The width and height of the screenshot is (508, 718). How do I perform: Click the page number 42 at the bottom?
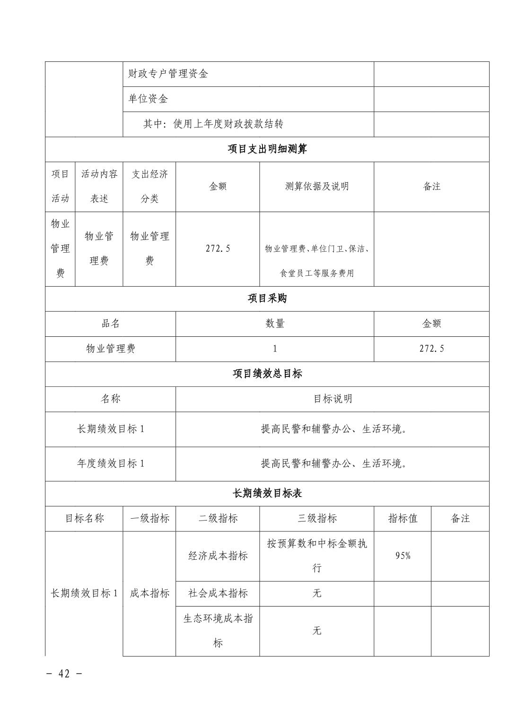click(x=64, y=674)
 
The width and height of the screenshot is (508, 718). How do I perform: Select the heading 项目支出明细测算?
click(x=267, y=149)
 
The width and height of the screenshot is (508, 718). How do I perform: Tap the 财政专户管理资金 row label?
click(x=168, y=74)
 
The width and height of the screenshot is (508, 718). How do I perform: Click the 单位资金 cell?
click(x=148, y=99)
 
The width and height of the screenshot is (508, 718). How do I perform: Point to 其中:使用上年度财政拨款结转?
click(x=213, y=124)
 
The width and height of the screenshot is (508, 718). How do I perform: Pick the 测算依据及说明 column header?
click(x=316, y=186)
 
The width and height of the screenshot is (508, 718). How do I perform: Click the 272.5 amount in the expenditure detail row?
click(x=218, y=248)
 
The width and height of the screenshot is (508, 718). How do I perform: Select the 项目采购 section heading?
click(x=267, y=299)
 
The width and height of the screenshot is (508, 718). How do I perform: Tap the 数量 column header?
click(x=275, y=324)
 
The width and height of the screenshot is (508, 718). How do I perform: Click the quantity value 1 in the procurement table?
click(x=275, y=349)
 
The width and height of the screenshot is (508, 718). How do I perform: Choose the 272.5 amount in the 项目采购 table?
click(x=431, y=349)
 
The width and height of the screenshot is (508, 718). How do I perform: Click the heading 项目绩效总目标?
click(x=267, y=374)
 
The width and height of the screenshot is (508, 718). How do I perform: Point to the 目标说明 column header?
click(x=333, y=399)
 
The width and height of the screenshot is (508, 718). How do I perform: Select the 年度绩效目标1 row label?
click(x=111, y=463)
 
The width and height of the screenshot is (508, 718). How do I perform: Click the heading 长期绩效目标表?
click(x=267, y=493)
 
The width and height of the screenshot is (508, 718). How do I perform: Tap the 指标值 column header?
click(x=403, y=518)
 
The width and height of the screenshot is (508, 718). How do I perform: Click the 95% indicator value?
click(x=403, y=556)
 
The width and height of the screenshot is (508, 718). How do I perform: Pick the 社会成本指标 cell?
click(x=218, y=593)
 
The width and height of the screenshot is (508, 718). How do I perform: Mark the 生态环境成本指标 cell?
click(x=218, y=630)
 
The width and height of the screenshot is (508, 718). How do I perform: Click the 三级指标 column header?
click(x=316, y=518)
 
